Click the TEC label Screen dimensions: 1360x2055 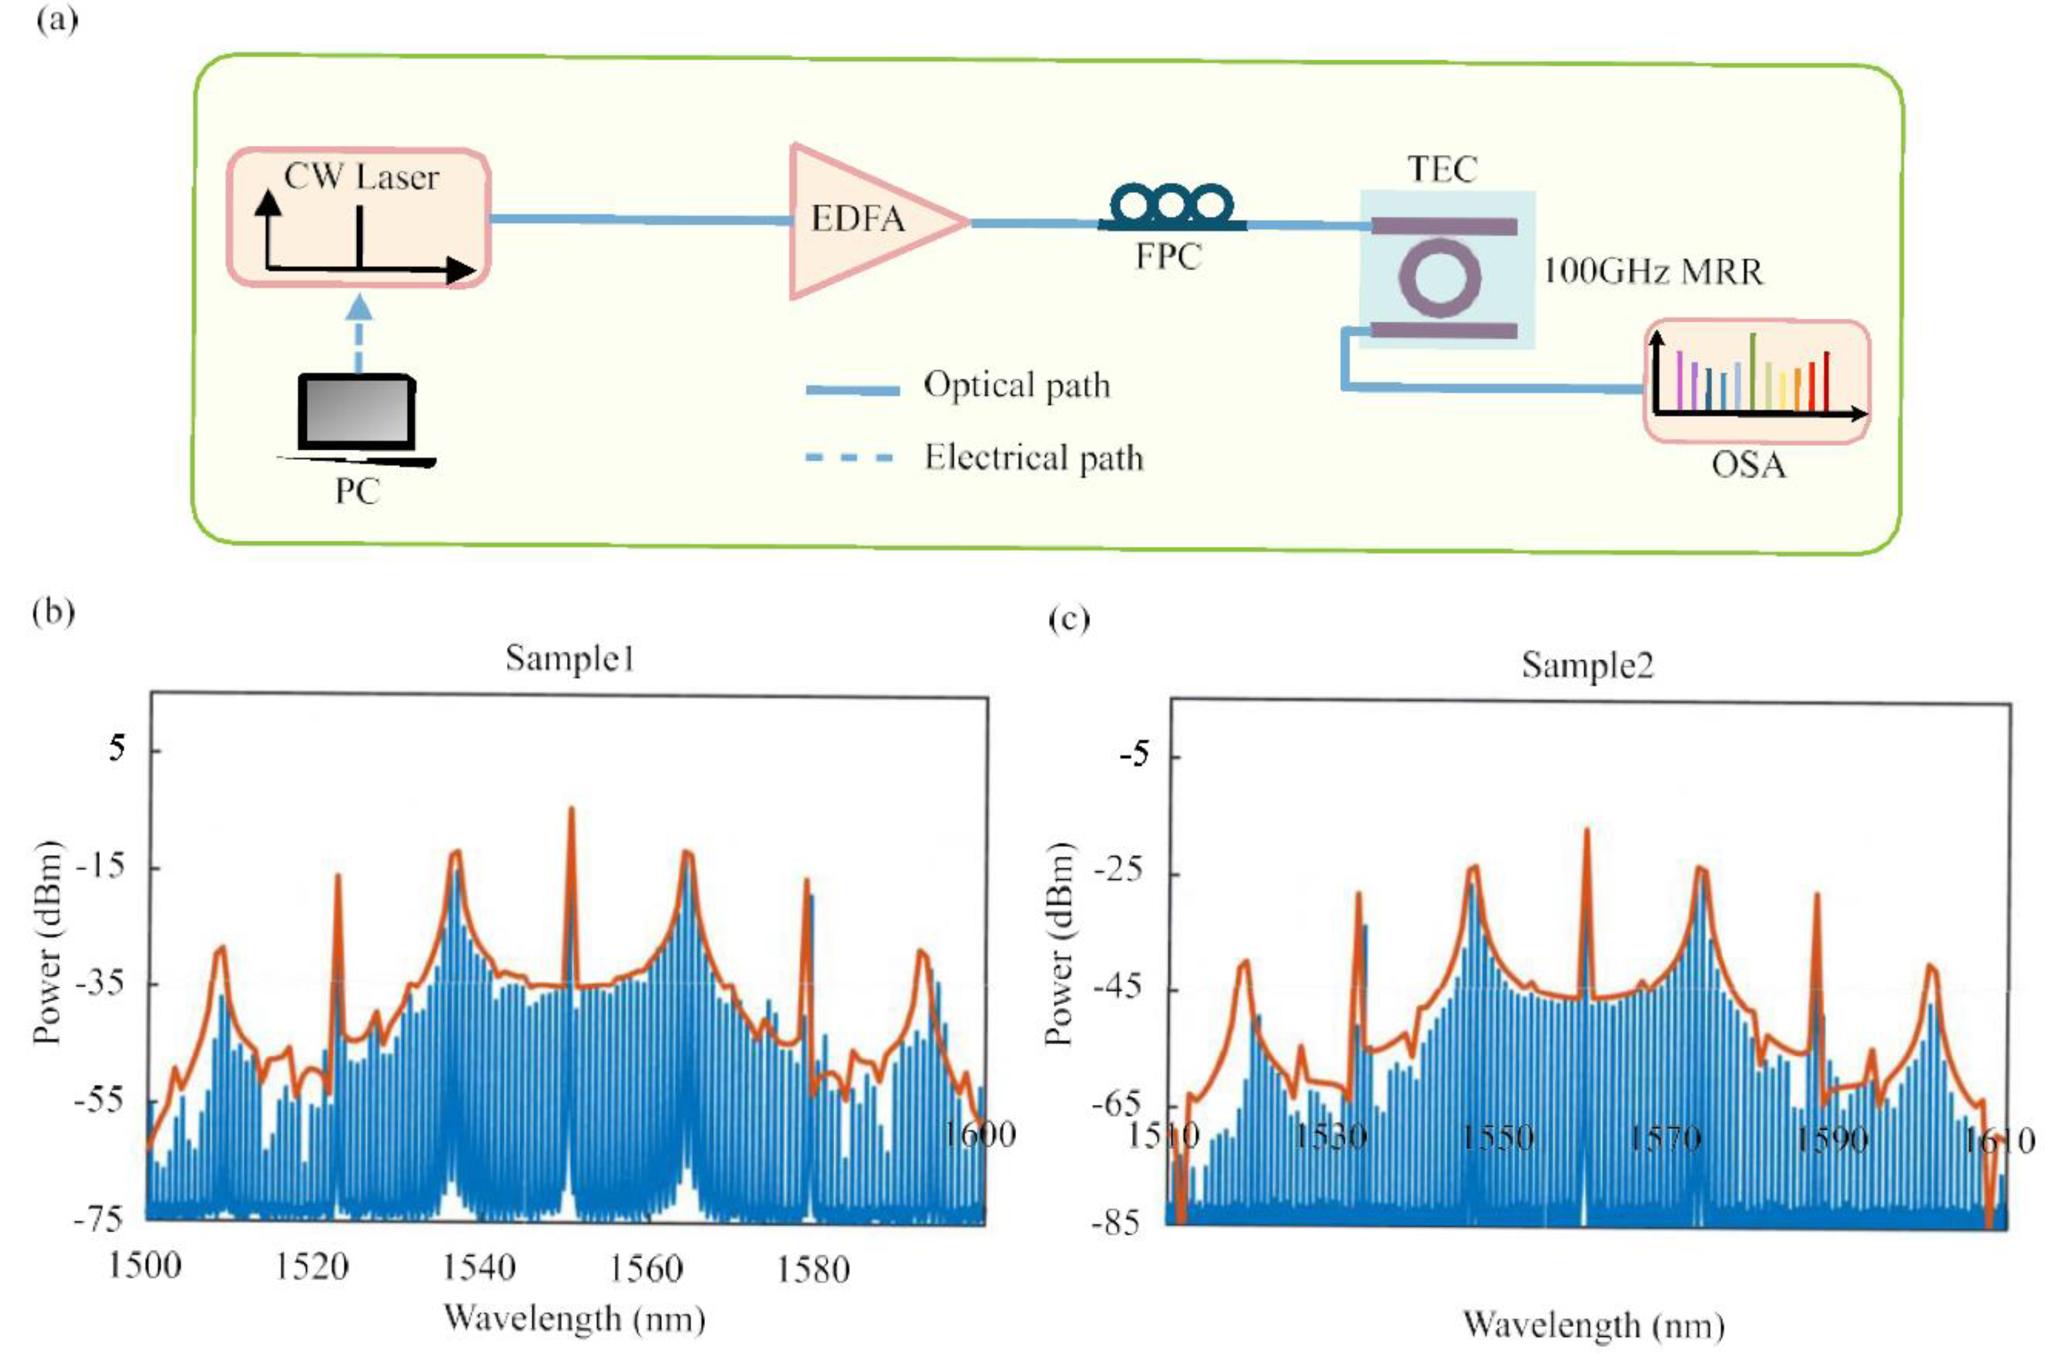(1441, 168)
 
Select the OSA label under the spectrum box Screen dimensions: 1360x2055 (1748, 466)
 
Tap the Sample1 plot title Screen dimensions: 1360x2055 (570, 659)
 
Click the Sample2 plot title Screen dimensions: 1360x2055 (1587, 665)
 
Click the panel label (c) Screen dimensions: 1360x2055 (1069, 619)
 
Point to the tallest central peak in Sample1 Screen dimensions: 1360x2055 (571, 811)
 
